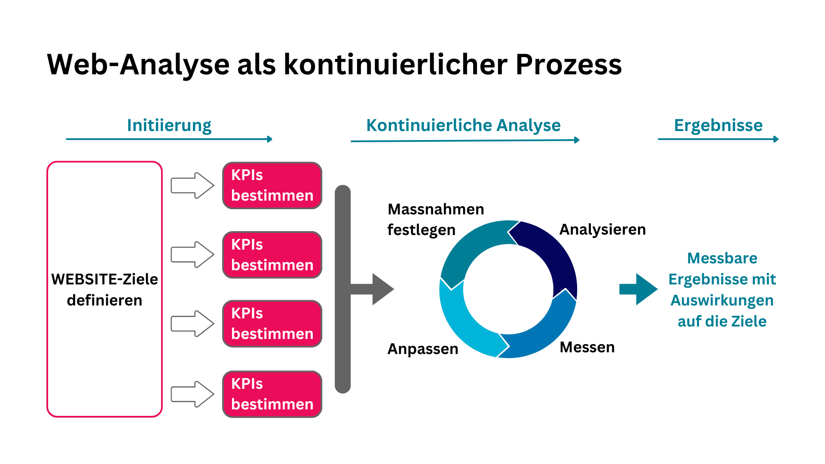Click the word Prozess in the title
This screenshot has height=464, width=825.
(568, 64)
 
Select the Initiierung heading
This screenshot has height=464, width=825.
(169, 125)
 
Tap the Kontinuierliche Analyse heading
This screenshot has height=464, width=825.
(463, 125)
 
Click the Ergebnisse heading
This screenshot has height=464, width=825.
(718, 125)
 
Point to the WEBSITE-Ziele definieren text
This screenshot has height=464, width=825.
(104, 289)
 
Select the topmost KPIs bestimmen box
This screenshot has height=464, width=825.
(272, 186)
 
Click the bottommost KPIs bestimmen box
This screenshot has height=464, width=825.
(272, 394)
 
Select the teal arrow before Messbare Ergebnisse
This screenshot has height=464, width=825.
(639, 289)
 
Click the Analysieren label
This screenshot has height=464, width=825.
(602, 229)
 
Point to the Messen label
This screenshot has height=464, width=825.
(587, 347)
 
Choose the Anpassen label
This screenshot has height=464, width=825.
(423, 349)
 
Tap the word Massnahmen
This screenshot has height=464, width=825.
(436, 209)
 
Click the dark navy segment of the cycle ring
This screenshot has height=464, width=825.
(554, 253)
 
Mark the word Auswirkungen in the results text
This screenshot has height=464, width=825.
(722, 300)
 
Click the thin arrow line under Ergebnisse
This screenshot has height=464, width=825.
(718, 139)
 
